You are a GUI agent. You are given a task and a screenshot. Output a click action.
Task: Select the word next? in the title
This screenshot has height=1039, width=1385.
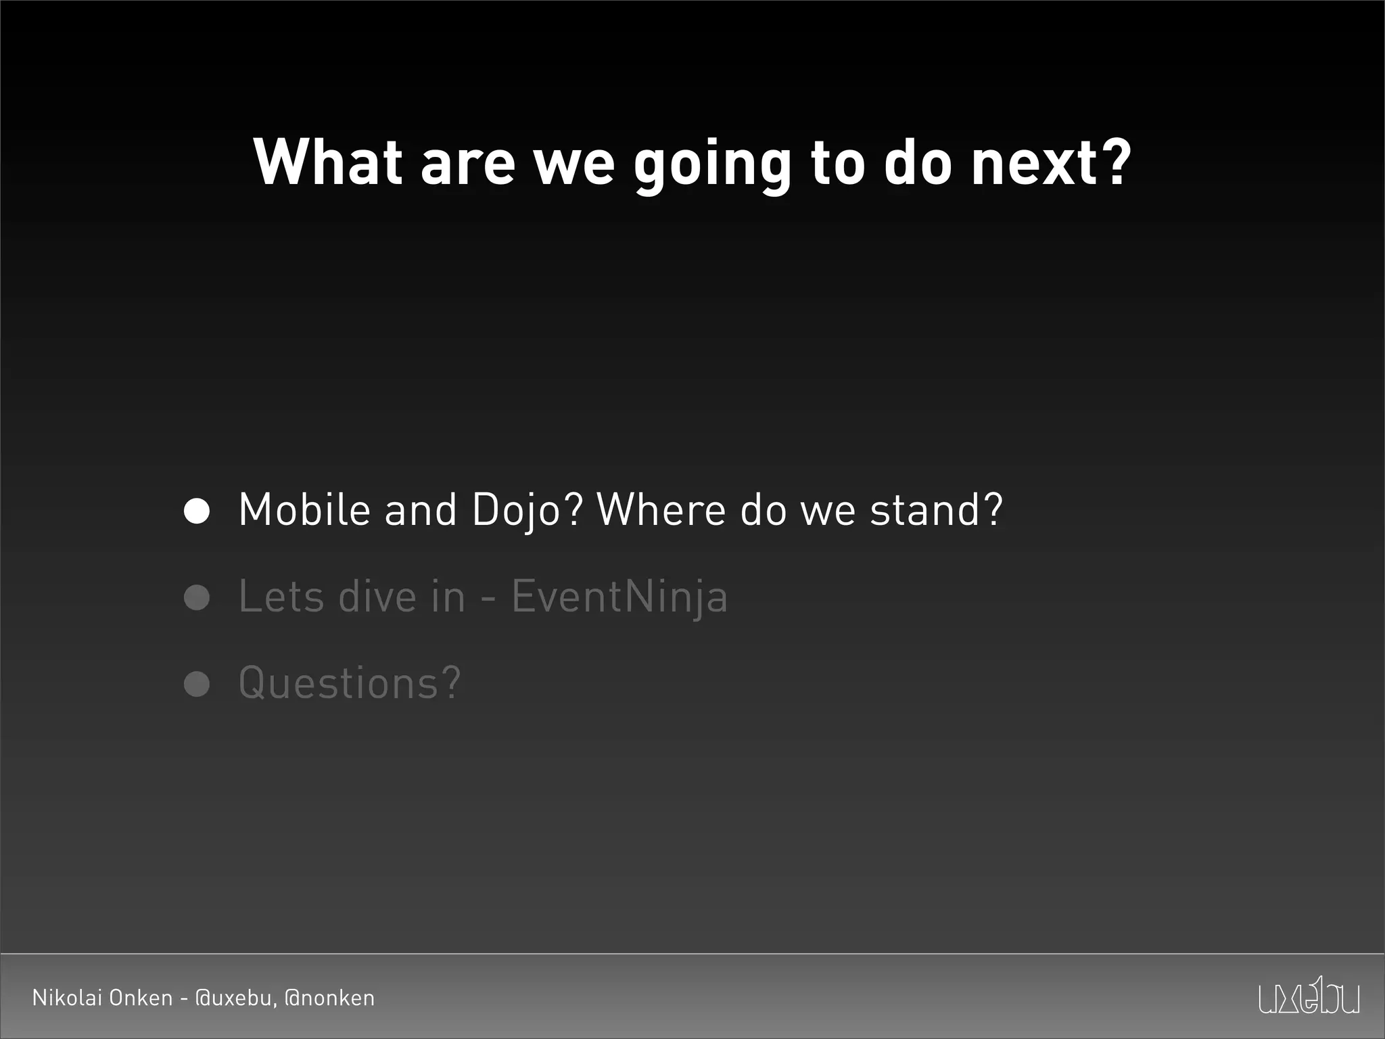1051,162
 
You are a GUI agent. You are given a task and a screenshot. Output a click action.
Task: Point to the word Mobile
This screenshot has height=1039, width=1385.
304,509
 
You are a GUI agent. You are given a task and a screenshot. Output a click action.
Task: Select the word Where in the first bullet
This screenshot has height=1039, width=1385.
661,509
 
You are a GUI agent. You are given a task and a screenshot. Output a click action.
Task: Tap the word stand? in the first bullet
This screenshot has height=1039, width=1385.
936,509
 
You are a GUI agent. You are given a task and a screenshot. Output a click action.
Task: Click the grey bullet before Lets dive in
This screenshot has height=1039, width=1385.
197,597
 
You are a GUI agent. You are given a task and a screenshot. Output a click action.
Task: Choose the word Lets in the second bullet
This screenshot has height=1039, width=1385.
281,597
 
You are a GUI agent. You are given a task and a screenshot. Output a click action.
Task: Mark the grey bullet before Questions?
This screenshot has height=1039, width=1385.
197,684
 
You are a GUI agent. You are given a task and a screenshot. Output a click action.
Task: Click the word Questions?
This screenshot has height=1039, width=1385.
350,683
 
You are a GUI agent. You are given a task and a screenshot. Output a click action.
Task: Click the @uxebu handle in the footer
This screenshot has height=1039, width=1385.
235,998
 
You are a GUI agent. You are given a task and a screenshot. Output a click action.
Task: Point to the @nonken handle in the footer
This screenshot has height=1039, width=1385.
329,998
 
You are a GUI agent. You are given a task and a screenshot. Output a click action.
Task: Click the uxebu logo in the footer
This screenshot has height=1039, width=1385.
1309,995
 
